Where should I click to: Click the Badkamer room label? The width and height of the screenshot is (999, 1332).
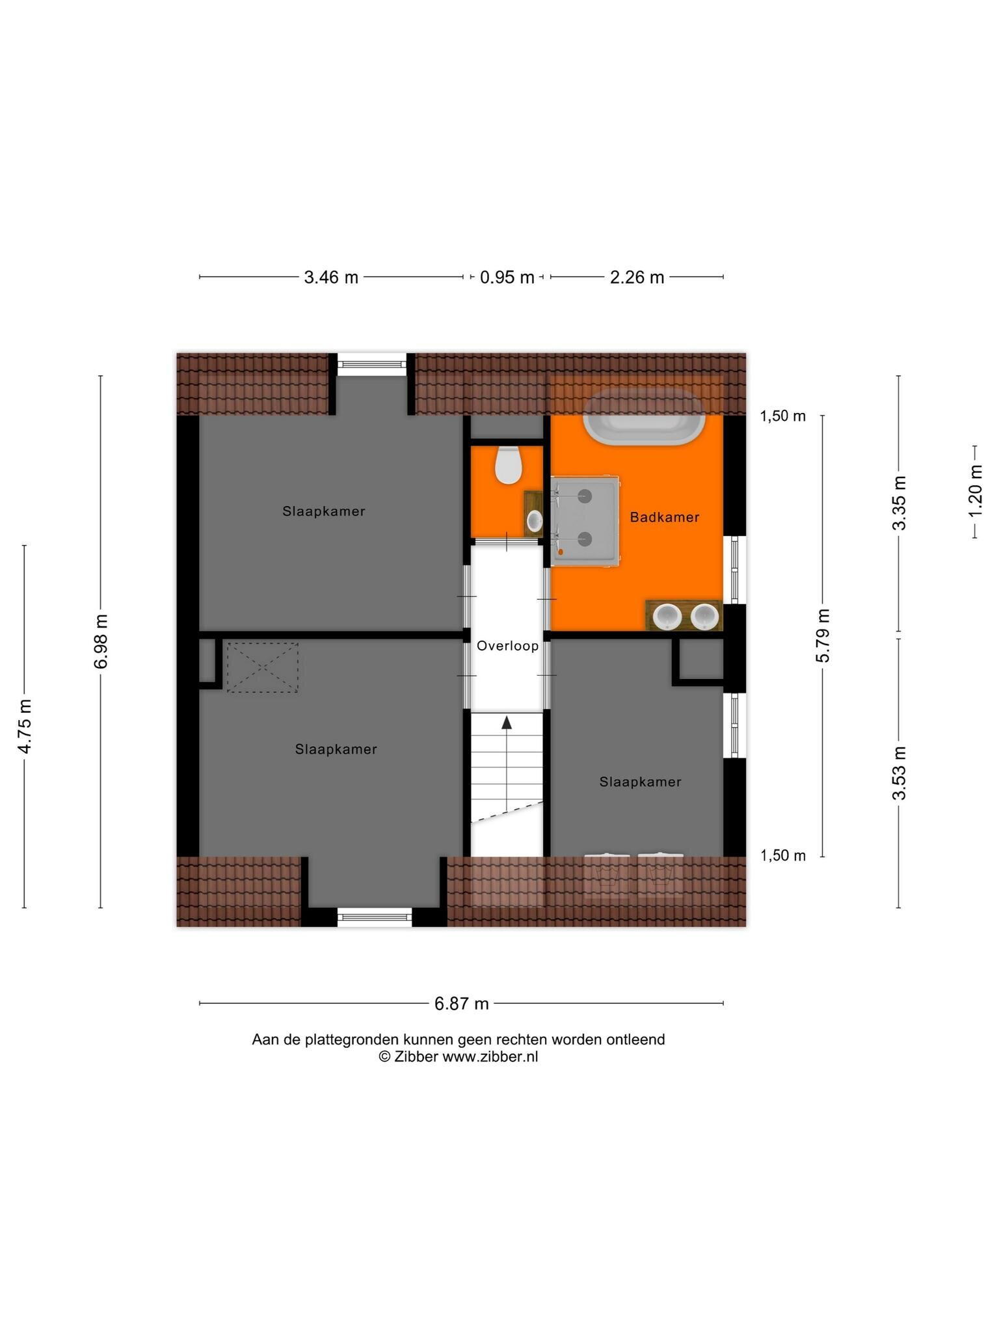(665, 518)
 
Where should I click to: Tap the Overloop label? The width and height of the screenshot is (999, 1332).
(507, 646)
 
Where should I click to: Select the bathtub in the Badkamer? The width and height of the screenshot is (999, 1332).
(644, 417)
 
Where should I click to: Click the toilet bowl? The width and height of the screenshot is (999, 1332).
(508, 465)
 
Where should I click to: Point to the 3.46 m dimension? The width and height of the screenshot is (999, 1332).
(331, 277)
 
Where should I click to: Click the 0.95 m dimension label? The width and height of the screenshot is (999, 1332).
(507, 278)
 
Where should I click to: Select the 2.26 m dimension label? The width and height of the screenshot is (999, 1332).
(637, 278)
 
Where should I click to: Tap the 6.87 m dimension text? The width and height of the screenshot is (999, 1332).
(461, 1004)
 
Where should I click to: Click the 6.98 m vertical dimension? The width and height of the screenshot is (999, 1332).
(101, 641)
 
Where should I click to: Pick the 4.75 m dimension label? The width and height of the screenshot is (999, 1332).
(25, 726)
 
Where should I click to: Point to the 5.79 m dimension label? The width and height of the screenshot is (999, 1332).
(823, 635)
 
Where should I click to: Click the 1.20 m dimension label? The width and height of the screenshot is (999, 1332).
(976, 492)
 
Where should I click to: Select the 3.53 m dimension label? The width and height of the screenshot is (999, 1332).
(899, 773)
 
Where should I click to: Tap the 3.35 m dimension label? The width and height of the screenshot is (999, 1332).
(899, 503)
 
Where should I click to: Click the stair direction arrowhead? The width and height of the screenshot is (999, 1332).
(507, 722)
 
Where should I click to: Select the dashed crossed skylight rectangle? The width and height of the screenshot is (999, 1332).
(262, 667)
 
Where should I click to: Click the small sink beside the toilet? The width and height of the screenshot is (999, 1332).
(534, 520)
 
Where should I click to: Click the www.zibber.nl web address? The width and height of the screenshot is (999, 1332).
(490, 1057)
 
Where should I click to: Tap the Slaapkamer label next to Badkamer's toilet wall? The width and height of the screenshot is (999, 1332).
(324, 511)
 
